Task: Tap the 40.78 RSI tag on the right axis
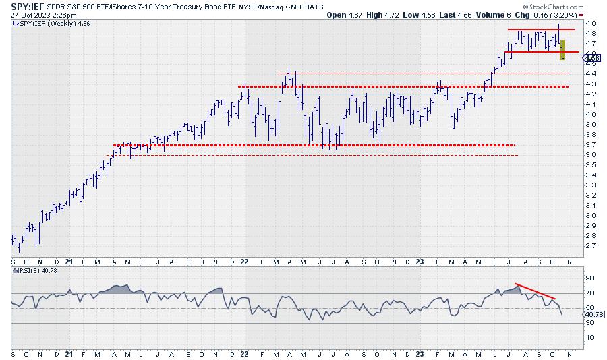(x=594, y=315)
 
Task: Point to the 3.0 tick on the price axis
(x=589, y=216)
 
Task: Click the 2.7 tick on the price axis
(x=589, y=246)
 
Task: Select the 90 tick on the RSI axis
(x=589, y=278)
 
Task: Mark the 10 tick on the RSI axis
(x=589, y=337)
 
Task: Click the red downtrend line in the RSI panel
(x=535, y=291)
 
